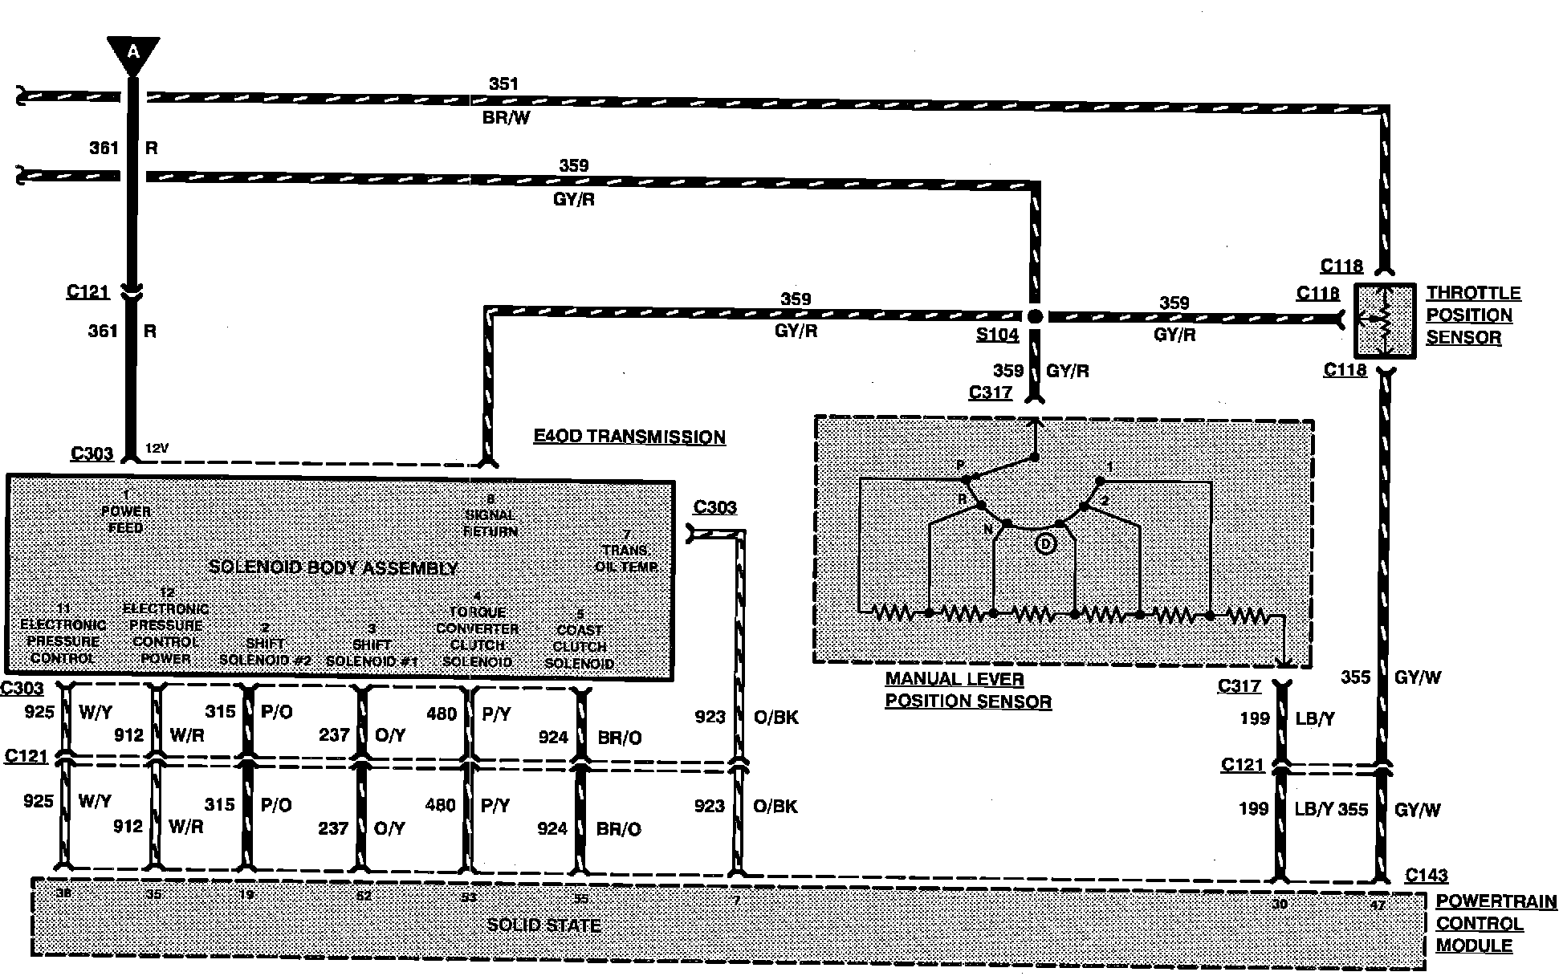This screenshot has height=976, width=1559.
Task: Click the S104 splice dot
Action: tap(1035, 316)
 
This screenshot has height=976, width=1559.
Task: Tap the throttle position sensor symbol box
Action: tap(1385, 320)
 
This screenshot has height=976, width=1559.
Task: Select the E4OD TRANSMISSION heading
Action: tap(629, 437)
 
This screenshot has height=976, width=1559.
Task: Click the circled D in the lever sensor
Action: tap(1045, 544)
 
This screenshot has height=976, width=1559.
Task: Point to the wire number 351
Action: tap(503, 83)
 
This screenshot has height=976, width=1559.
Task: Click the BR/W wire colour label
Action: tap(506, 118)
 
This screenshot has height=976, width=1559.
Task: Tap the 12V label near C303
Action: tap(157, 449)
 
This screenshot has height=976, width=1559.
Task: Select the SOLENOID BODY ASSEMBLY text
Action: tap(333, 567)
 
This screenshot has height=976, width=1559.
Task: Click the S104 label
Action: tap(997, 335)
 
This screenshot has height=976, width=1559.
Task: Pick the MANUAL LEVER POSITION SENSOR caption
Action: tap(967, 690)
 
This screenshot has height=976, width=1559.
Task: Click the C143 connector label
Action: tap(1426, 876)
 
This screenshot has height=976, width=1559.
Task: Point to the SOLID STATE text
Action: tap(543, 925)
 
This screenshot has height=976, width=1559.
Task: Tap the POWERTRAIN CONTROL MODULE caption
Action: tap(1495, 924)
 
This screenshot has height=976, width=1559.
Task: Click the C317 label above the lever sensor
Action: tap(990, 392)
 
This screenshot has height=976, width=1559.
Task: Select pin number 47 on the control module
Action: tap(1378, 905)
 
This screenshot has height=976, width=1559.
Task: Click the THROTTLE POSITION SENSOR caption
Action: tap(1472, 315)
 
